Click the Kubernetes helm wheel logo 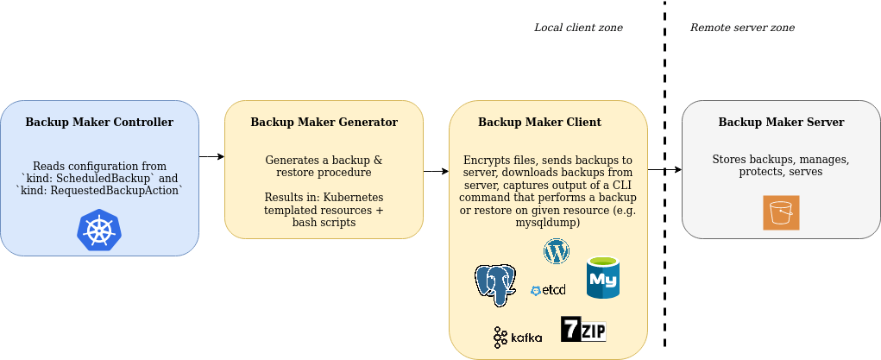click(99, 230)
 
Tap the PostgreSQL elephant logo click(495, 284)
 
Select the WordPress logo click(557, 251)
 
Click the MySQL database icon click(603, 278)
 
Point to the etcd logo click(548, 291)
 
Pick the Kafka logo click(518, 337)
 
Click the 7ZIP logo click(583, 329)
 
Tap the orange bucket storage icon click(781, 212)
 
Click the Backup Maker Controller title click(99, 123)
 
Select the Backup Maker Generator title click(324, 123)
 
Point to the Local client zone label click(578, 28)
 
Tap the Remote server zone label click(742, 28)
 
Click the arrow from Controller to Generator click(211, 157)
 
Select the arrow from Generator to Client click(436, 171)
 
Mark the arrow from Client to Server click(664, 170)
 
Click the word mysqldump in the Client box click(548, 223)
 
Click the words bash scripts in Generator click(324, 223)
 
